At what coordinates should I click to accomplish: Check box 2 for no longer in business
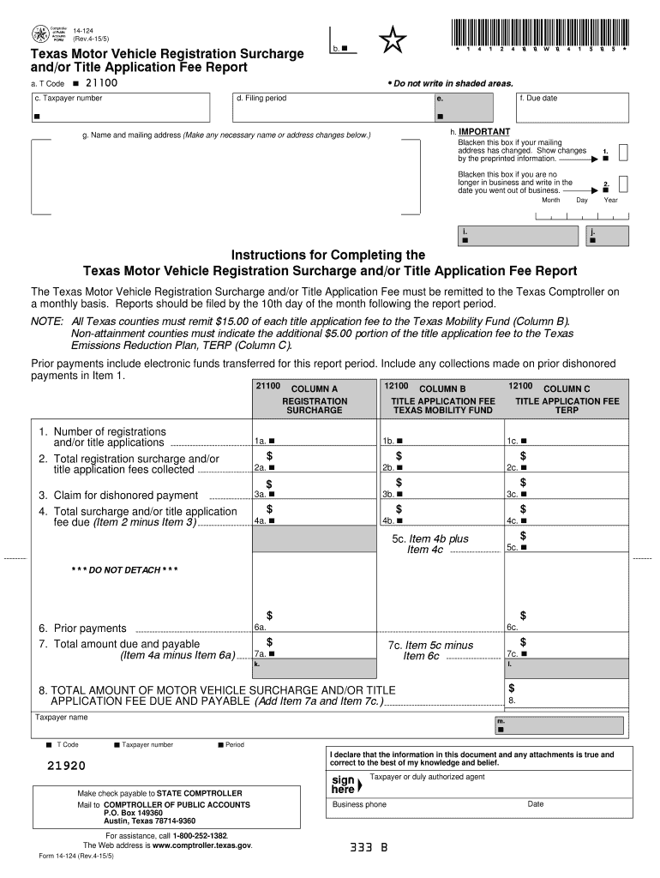click(x=623, y=184)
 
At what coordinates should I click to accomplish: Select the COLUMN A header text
click(x=315, y=388)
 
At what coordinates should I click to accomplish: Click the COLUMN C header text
click(x=566, y=388)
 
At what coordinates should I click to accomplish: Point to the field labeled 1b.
click(x=441, y=440)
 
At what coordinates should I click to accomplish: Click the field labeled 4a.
click(x=314, y=520)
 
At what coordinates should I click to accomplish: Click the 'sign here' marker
click(x=345, y=784)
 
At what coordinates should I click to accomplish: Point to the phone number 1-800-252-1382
click(x=200, y=834)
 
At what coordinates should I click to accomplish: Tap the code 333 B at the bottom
click(x=369, y=848)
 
